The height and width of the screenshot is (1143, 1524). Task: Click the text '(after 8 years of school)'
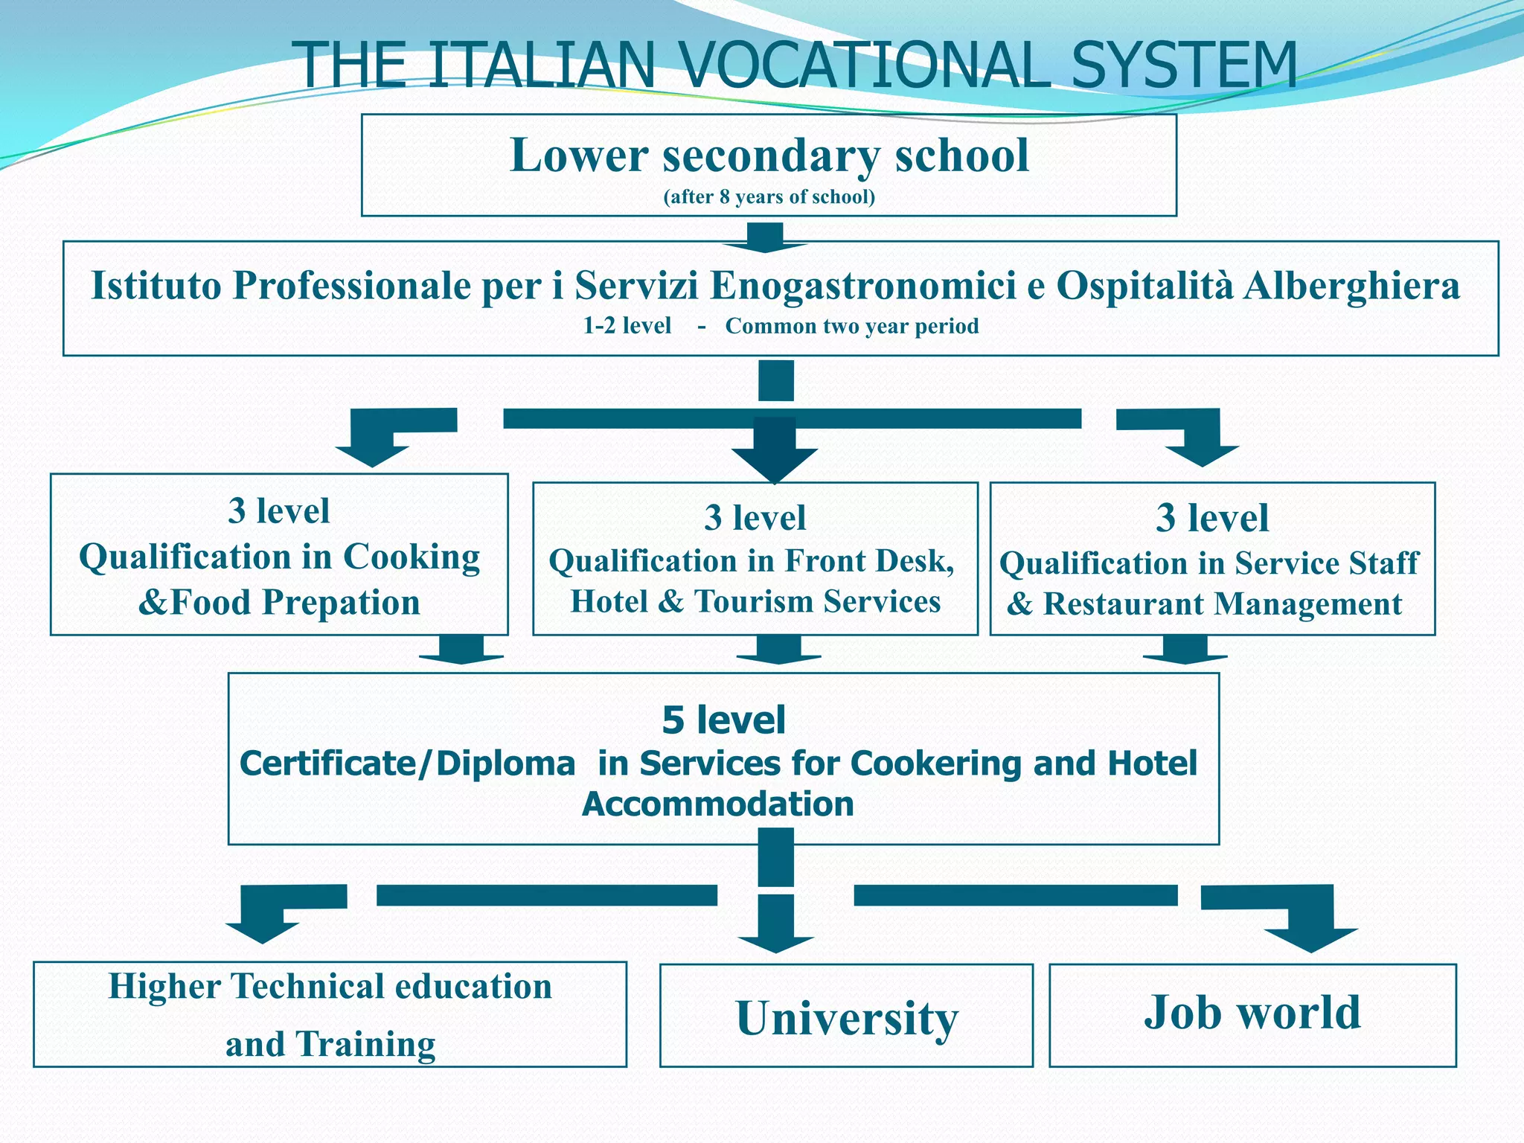click(769, 196)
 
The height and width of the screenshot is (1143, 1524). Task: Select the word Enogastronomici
click(862, 285)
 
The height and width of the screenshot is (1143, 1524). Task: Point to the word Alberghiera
click(1351, 285)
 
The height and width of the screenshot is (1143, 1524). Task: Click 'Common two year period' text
click(851, 326)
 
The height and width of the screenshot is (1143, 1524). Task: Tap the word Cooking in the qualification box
click(411, 557)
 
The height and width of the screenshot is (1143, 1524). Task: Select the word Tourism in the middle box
click(754, 601)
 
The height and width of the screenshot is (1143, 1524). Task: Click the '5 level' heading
click(723, 720)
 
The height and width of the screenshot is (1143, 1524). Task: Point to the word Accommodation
click(717, 804)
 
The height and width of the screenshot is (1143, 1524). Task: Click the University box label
click(847, 1018)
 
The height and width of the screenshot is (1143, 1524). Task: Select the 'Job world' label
click(1252, 1013)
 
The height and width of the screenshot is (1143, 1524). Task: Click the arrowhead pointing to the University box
click(776, 943)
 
